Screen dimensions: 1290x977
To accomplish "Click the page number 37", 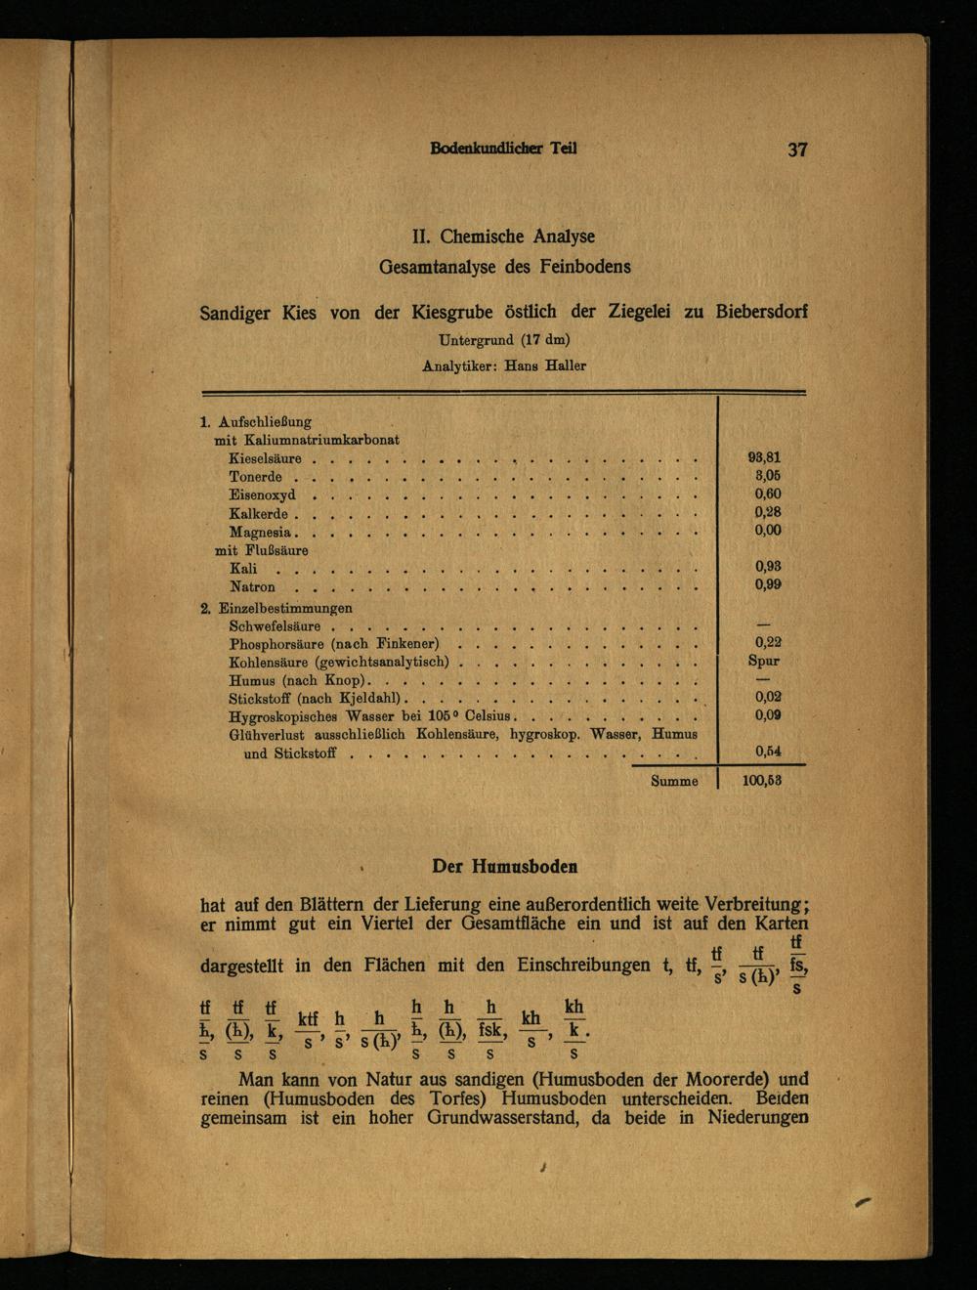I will pyautogui.click(x=797, y=150).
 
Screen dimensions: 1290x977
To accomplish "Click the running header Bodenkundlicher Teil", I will pyautogui.click(x=503, y=149).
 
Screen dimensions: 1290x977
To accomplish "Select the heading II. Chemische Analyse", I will pyautogui.click(x=503, y=236).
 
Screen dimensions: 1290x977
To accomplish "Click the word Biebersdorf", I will pyautogui.click(x=761, y=313).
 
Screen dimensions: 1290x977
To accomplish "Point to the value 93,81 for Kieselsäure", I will pyautogui.click(x=764, y=457).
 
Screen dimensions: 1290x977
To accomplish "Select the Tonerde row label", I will pyautogui.click(x=255, y=477).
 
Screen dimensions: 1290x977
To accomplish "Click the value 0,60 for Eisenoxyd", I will pyautogui.click(x=767, y=494).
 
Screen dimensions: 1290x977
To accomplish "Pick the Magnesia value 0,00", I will pyautogui.click(x=767, y=531).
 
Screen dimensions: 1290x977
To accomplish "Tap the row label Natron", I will pyautogui.click(x=252, y=587).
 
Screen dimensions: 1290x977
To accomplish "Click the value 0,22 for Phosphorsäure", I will pyautogui.click(x=767, y=643).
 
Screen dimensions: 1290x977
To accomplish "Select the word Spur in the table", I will pyautogui.click(x=764, y=661).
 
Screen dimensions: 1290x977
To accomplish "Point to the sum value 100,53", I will pyautogui.click(x=762, y=781).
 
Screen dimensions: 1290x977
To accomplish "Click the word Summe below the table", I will pyautogui.click(x=674, y=782).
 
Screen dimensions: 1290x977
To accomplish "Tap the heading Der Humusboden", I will pyautogui.click(x=504, y=866).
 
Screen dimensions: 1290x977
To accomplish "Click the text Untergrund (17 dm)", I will pyautogui.click(x=504, y=341).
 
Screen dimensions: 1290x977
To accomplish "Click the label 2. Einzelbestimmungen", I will pyautogui.click(x=276, y=608).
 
